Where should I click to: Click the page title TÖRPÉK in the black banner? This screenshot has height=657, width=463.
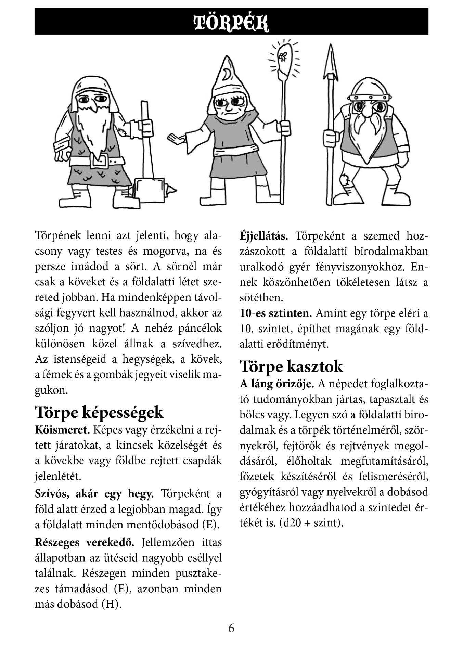pyautogui.click(x=231, y=23)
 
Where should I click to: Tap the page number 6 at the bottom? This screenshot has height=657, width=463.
pyautogui.click(x=231, y=628)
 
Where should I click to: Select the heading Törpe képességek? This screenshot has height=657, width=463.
pyautogui.click(x=99, y=412)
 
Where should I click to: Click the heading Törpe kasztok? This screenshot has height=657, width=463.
pyautogui.click(x=291, y=366)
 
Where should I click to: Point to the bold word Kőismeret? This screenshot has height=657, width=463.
pyautogui.click(x=62, y=430)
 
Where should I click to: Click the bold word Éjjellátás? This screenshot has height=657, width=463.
pyautogui.click(x=264, y=236)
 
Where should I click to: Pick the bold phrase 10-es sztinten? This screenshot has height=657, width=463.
pyautogui.click(x=276, y=313)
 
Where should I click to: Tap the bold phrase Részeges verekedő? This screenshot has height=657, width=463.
pyautogui.click(x=85, y=542)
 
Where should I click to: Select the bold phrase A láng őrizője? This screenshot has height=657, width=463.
pyautogui.click(x=277, y=384)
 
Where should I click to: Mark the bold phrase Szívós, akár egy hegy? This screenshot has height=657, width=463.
pyautogui.click(x=94, y=494)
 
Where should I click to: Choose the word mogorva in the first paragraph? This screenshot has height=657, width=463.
pyautogui.click(x=166, y=251)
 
